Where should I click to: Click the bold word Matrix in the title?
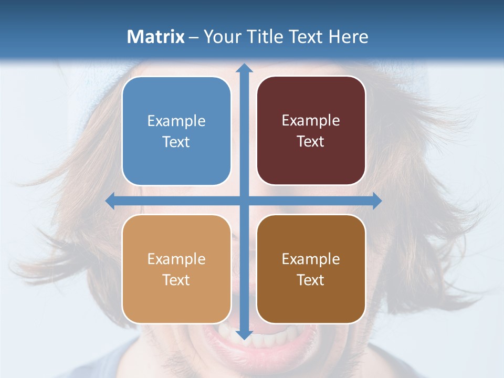click(x=156, y=37)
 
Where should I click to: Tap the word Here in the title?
click(x=349, y=37)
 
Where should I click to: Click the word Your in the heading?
click(x=222, y=37)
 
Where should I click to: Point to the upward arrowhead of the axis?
click(x=244, y=68)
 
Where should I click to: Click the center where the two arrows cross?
click(x=244, y=201)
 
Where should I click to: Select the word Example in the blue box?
click(x=176, y=121)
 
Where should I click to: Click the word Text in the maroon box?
click(x=311, y=142)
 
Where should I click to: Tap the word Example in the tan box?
click(x=176, y=259)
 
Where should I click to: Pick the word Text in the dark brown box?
click(x=311, y=280)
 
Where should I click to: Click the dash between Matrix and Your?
click(x=194, y=37)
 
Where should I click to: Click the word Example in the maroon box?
click(x=311, y=121)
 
